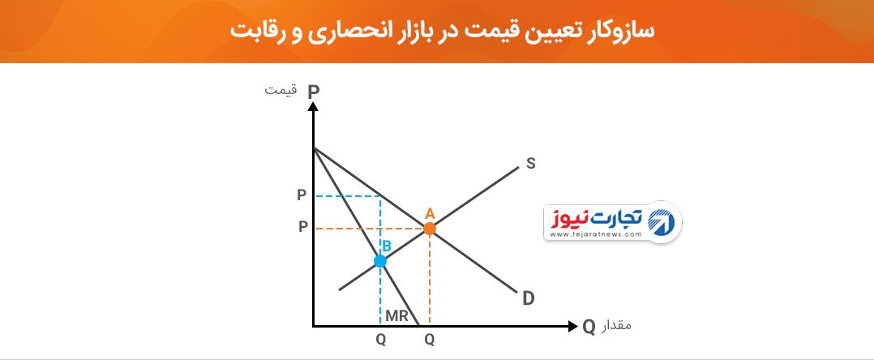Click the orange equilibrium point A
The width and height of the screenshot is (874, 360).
pyautogui.click(x=429, y=228)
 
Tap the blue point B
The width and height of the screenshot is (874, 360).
pyautogui.click(x=380, y=261)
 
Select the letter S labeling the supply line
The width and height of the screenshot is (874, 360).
pyautogui.click(x=530, y=163)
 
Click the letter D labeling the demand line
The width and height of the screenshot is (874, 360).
pyautogui.click(x=529, y=298)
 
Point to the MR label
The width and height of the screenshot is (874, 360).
pyautogui.click(x=397, y=316)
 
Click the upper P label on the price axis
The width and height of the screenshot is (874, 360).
pyautogui.click(x=302, y=195)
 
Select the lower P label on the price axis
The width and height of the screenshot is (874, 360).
pyautogui.click(x=302, y=228)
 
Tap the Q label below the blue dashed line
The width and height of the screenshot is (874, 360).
pyautogui.click(x=380, y=340)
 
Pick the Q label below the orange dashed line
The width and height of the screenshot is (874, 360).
pyautogui.click(x=429, y=340)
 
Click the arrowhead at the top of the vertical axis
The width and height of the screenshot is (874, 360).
pyautogui.click(x=313, y=106)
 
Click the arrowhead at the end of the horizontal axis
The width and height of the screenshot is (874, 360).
pyautogui.click(x=572, y=326)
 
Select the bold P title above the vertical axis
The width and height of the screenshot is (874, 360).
pyautogui.click(x=313, y=92)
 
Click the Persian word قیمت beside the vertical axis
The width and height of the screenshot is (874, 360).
pyautogui.click(x=281, y=90)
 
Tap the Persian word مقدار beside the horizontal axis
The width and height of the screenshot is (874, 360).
pyautogui.click(x=616, y=325)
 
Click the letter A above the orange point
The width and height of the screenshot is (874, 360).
pyautogui.click(x=429, y=213)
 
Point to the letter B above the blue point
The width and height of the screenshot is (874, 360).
pyautogui.click(x=386, y=244)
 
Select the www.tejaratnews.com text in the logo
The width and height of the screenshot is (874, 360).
pyautogui.click(x=596, y=234)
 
